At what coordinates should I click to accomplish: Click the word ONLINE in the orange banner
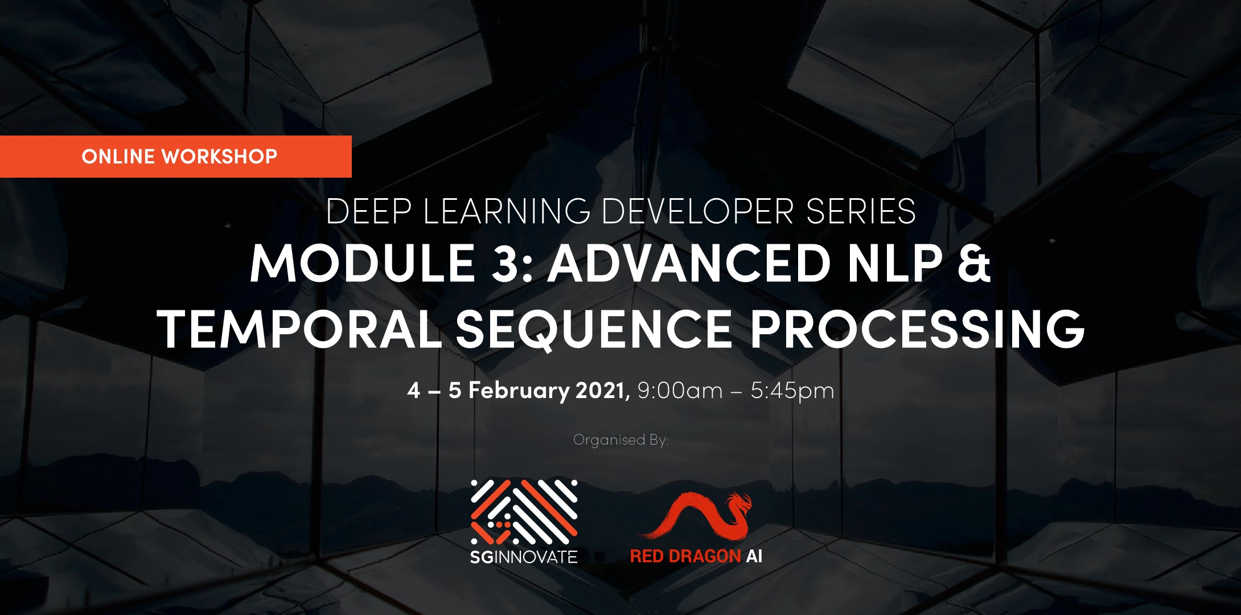pos(118,157)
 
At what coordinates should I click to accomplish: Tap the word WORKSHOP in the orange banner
pos(220,157)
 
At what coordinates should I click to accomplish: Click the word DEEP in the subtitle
pos(368,211)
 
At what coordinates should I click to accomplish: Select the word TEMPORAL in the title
pos(299,329)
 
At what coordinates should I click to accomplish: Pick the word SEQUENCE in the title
pos(594,330)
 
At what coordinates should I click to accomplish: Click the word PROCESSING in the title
pos(917,329)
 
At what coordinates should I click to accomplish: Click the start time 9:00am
pos(680,391)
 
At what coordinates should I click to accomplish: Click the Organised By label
pos(620,440)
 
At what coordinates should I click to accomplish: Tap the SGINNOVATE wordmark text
pos(524,556)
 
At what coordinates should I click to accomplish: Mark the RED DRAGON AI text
pos(696,556)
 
